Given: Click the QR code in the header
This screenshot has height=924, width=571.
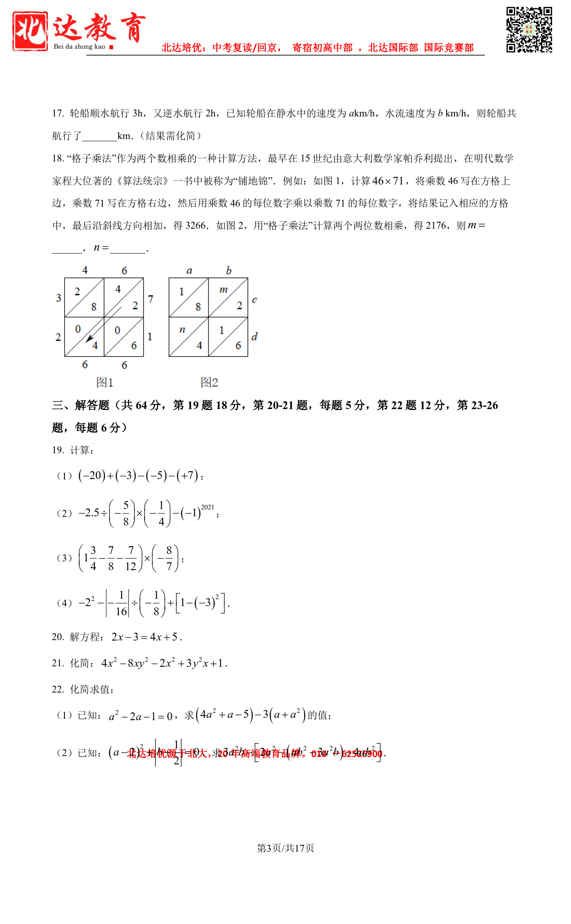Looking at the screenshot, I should point(529,30).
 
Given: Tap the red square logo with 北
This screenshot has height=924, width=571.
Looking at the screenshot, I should point(30,31).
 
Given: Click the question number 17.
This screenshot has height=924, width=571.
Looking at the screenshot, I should point(58,114).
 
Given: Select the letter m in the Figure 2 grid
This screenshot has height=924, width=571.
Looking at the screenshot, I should point(223,290).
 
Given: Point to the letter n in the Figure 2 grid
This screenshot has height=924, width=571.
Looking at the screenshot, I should point(182,329).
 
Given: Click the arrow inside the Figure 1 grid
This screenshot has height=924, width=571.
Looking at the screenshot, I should point(90,337).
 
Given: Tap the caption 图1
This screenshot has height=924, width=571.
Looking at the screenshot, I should point(105,382).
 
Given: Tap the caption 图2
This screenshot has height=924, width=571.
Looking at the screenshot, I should point(209,382).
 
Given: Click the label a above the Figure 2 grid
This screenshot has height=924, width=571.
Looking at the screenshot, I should point(189,271).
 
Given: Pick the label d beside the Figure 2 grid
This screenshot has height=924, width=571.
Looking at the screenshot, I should point(254,337).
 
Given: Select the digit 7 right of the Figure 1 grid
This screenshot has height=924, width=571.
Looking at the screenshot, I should point(151,299).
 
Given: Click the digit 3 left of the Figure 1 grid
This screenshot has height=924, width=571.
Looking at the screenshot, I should point(58,298).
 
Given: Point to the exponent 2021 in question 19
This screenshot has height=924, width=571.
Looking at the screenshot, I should point(208,507).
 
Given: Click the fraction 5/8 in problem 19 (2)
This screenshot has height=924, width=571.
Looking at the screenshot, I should point(126,513).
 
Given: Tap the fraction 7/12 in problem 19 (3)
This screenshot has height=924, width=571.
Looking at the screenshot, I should point(131,558).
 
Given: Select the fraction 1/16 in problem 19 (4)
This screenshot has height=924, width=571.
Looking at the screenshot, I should point(121,603).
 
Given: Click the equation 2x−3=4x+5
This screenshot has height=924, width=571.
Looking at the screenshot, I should point(146,637).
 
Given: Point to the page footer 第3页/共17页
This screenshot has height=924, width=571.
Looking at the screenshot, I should point(285,848).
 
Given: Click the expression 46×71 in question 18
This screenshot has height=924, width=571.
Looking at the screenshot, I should point(388,181).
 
